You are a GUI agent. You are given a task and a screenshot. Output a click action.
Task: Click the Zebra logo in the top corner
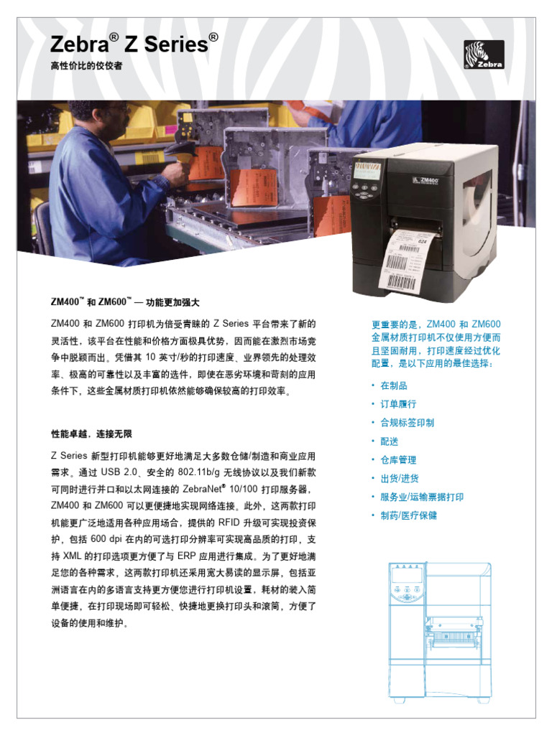[x=484, y=55]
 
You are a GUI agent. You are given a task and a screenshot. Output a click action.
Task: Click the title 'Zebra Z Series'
[x=134, y=45]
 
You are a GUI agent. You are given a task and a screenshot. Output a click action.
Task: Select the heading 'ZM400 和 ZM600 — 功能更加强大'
[x=124, y=302]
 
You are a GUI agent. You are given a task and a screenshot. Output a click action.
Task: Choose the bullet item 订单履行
[x=398, y=405]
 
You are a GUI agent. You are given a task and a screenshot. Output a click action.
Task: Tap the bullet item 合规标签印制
[x=407, y=423]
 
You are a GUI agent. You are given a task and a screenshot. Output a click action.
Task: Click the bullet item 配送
[x=389, y=441]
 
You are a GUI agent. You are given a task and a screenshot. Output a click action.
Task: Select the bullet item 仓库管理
[x=398, y=460]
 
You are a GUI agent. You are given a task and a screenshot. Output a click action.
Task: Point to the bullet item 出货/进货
[x=400, y=479]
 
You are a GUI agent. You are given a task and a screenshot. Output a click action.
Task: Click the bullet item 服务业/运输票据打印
[x=422, y=497]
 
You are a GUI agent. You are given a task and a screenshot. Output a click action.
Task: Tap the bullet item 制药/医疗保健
[x=408, y=515]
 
